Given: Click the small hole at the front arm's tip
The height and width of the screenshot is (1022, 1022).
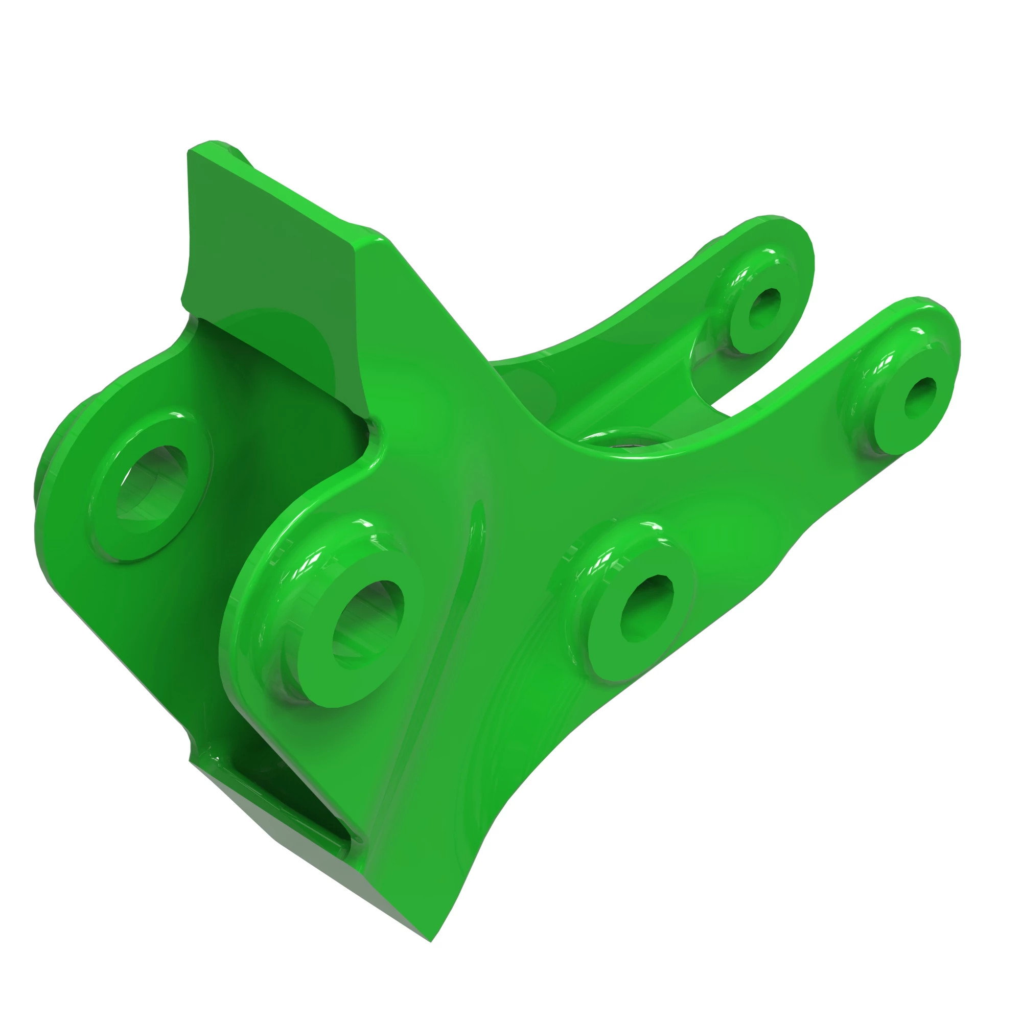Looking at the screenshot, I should coord(920,397).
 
